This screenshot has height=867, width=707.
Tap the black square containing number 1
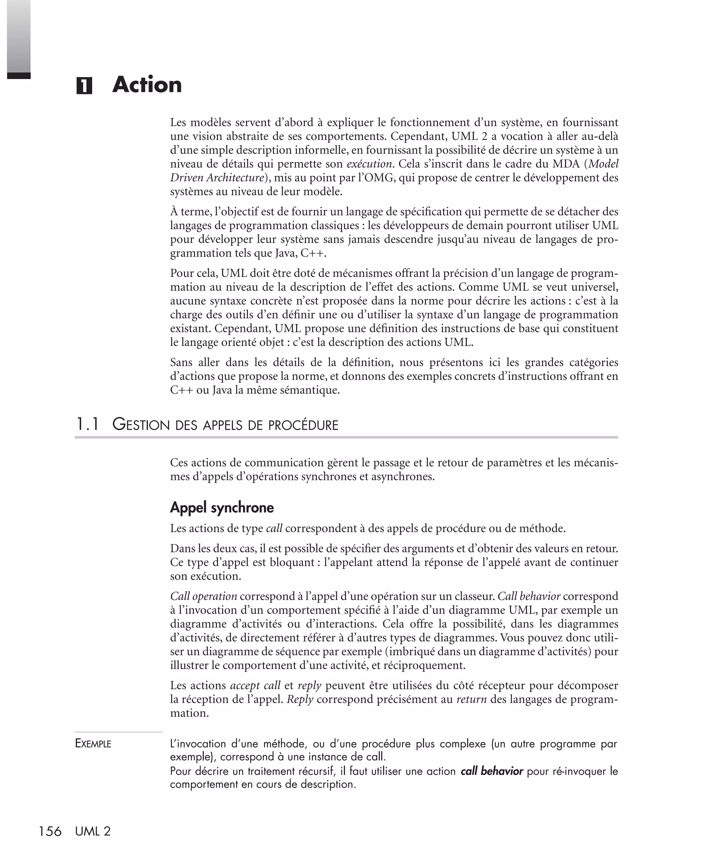pos(84,86)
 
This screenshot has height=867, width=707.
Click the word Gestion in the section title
pos(141,425)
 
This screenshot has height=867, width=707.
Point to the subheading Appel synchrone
pos(222,507)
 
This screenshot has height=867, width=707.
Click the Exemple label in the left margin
pos(93,744)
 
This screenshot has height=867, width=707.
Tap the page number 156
pos(50,831)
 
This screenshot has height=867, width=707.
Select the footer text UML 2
pos(93,831)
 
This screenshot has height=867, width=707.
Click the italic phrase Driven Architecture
pos(217,178)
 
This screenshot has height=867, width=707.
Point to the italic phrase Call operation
pos(203,596)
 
